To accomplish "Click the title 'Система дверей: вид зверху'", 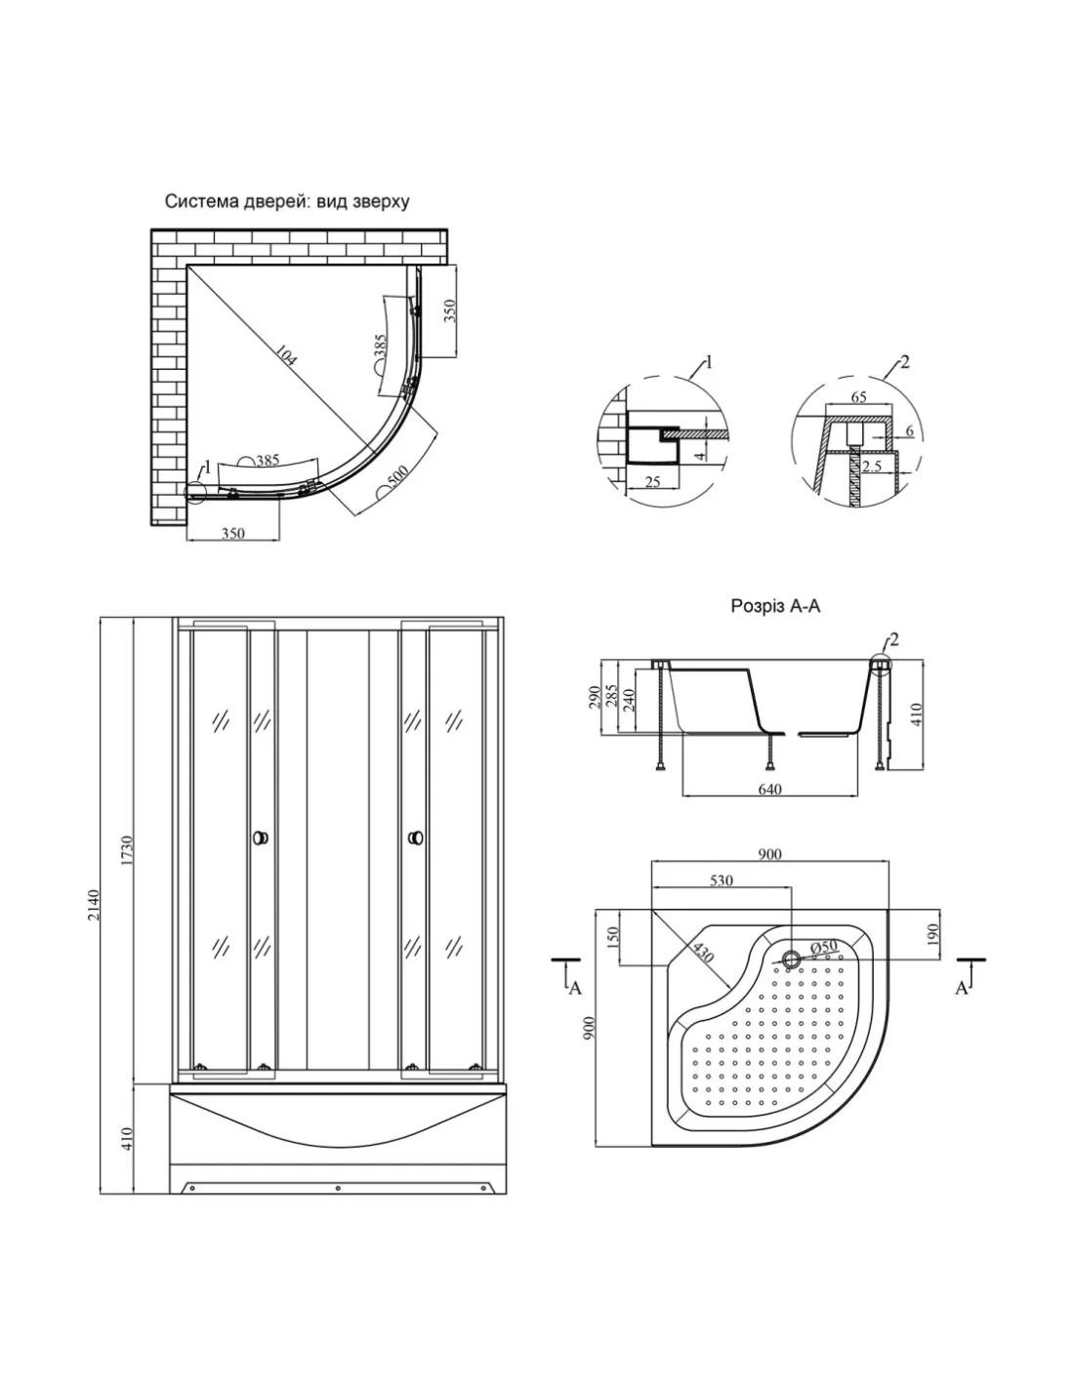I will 286,202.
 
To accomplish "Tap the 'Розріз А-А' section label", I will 775,606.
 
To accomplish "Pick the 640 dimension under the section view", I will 769,790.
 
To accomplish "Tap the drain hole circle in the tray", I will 791,959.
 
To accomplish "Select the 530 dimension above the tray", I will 721,880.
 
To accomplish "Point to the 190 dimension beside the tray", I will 932,934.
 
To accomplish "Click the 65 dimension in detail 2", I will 859,397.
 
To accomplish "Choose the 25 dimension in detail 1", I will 652,481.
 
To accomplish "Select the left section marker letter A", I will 575,988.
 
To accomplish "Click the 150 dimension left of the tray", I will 613,938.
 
